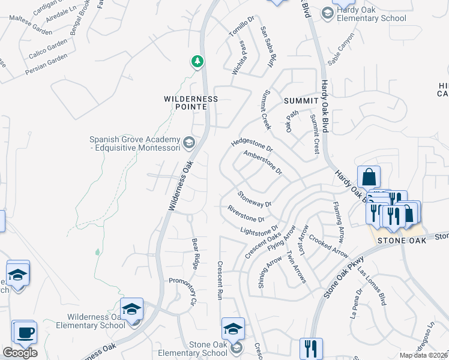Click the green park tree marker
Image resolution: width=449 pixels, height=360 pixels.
tap(197, 62)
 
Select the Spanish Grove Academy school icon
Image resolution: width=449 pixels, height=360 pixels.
tap(188, 142)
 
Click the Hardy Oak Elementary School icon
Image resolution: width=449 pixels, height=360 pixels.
tap(327, 13)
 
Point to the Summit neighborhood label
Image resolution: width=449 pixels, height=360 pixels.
tap(301, 100)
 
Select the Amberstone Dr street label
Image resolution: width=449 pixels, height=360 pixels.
tap(262, 163)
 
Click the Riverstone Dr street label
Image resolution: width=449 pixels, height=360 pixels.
tap(246, 214)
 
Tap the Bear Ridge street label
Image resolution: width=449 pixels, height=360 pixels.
tap(195, 253)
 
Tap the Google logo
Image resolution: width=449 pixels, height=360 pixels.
tap(20, 353)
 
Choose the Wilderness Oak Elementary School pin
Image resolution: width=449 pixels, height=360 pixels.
tap(131, 309)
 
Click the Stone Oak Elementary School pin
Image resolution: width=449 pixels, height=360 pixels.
tap(233, 329)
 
